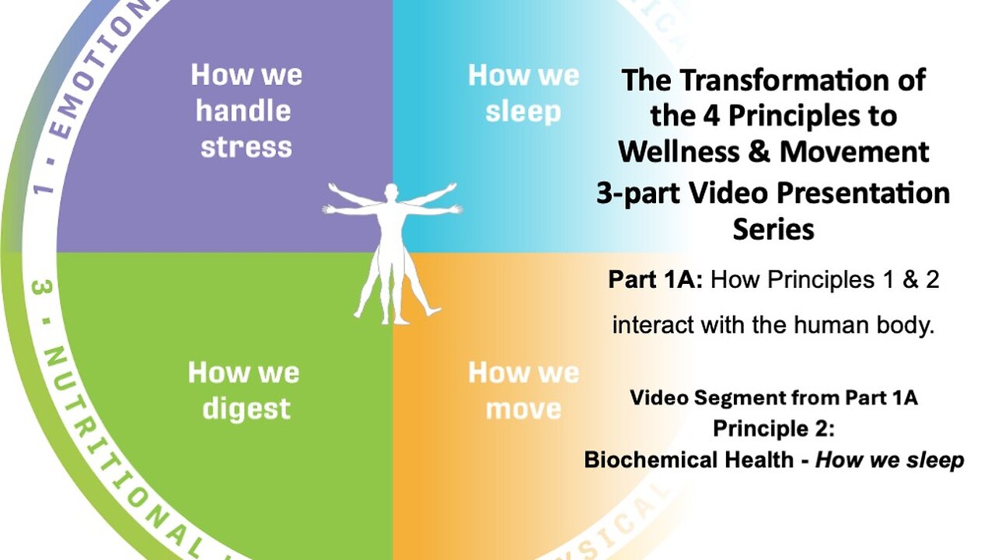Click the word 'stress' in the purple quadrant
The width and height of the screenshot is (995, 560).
pos(246,147)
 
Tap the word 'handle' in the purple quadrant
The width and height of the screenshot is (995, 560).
pos(243,111)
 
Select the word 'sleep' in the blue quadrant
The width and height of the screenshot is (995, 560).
pos(523,111)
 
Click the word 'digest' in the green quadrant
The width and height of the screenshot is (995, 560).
pos(246,408)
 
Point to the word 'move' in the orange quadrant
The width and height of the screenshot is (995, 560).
pos(523,408)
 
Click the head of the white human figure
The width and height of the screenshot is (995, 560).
pos(392,191)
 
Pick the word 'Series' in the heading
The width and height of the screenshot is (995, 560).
pos(773,229)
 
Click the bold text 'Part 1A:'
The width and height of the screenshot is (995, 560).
pos(655,280)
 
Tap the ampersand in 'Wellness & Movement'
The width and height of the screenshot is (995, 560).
pos(760,152)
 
